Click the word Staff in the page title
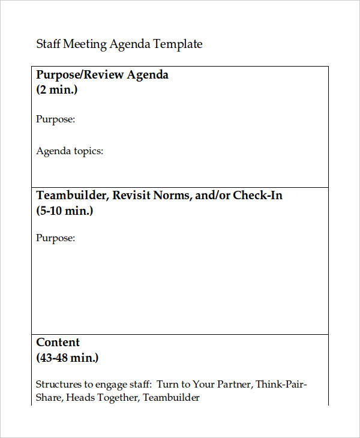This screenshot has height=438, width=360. point(48,44)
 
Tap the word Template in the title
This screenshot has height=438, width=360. point(178,44)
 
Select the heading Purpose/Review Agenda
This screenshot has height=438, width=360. point(102,75)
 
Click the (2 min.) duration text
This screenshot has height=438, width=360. point(57,91)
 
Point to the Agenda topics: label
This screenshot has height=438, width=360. point(70,151)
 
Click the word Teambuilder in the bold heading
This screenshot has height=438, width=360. point(71,196)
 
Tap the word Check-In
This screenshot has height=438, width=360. point(257,196)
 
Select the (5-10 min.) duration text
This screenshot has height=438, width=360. point(65,211)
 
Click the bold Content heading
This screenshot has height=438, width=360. point(58,343)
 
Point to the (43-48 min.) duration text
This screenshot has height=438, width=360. point(67,358)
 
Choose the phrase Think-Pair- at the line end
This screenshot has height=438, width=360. point(282,385)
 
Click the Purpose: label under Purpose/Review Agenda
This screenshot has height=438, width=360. point(56,119)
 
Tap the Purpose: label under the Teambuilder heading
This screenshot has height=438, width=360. point(56,238)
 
